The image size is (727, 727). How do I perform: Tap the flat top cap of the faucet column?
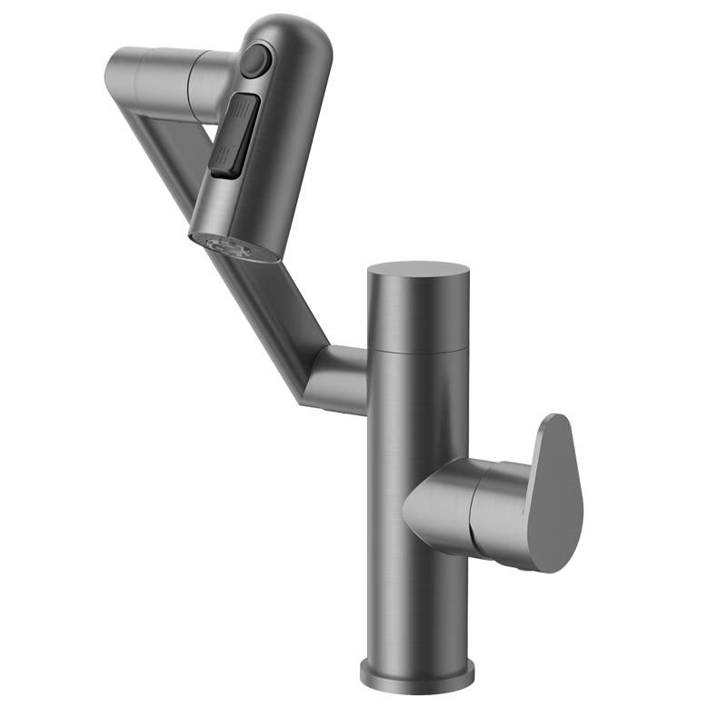(417, 270)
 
